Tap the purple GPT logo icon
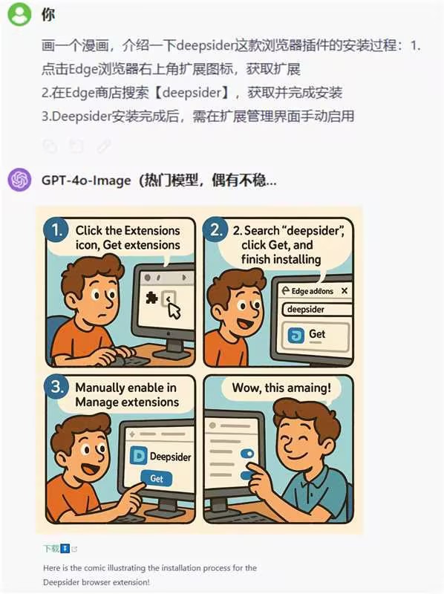click(20, 180)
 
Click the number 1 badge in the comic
click(56, 229)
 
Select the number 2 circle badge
click(215, 229)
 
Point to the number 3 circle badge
click(56, 387)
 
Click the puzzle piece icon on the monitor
click(151, 298)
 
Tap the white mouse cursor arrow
click(174, 310)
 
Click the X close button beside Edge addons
click(345, 290)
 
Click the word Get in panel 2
click(317, 333)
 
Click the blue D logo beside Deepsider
click(138, 456)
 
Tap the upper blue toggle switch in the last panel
click(247, 454)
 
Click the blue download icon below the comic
click(65, 548)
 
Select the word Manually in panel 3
click(100, 388)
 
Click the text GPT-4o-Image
click(86, 180)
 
